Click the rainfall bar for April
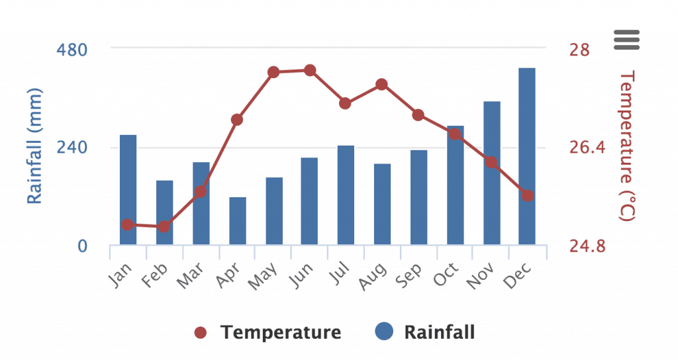tap(238, 221)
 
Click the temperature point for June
tap(310, 70)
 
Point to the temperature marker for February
tap(164, 226)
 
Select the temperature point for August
tap(381, 85)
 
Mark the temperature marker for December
tap(527, 196)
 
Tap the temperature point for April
tap(237, 120)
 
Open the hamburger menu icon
tap(626, 40)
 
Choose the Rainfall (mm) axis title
tap(34, 147)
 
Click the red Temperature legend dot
tap(201, 332)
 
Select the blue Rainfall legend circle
tap(385, 331)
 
